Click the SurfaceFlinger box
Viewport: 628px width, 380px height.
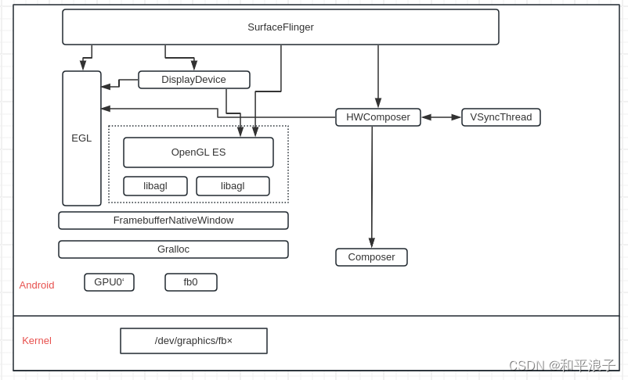point(280,27)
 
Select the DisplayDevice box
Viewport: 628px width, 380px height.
point(193,80)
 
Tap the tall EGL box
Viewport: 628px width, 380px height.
point(81,138)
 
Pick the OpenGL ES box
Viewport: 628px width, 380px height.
point(198,152)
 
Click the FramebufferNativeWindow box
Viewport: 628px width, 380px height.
point(173,220)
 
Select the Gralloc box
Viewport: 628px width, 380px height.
point(173,249)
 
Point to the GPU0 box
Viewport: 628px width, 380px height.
point(109,282)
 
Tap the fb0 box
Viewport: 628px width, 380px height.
point(190,282)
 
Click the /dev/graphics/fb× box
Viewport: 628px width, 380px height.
point(193,341)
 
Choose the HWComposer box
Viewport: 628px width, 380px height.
point(377,117)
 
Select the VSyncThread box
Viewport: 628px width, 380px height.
point(500,117)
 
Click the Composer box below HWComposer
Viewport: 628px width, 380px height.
point(371,257)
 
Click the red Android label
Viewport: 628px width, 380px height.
point(37,285)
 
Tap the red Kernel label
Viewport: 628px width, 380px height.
point(37,341)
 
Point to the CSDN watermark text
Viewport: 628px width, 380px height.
point(561,366)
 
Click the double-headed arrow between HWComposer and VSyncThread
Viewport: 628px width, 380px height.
point(441,117)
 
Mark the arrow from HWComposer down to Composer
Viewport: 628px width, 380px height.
point(372,188)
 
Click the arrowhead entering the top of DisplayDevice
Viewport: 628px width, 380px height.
point(194,66)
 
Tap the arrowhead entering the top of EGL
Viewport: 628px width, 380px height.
point(83,66)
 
